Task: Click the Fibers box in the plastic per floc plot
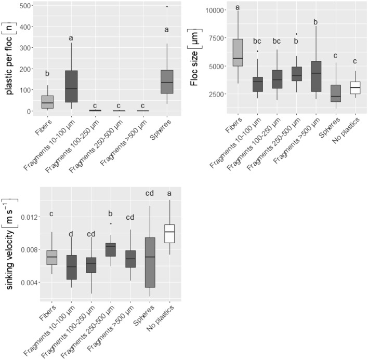(x=48, y=102)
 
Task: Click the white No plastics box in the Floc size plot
(x=355, y=87)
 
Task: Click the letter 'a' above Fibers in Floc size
(x=238, y=7)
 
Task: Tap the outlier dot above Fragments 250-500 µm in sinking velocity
(x=111, y=224)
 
